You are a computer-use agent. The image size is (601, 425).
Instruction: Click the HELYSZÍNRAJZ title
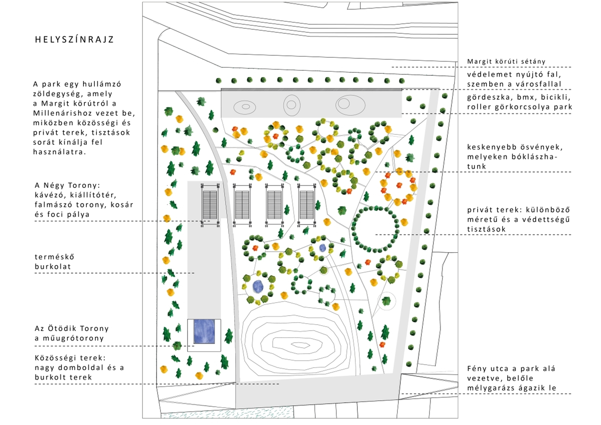pos(74,39)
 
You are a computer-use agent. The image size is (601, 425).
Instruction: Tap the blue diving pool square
pos(204,331)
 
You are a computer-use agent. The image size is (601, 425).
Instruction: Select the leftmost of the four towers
pos(210,205)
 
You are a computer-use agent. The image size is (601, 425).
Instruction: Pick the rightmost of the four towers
pos(307,205)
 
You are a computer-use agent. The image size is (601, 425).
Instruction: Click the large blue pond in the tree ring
pos(258,286)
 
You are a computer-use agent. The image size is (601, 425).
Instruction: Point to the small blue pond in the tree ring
pos(323,248)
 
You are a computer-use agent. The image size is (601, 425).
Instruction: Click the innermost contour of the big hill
pos(301,345)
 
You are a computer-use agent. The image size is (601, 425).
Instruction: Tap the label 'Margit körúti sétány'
pos(506,61)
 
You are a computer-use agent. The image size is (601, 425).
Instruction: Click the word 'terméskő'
pos(54,257)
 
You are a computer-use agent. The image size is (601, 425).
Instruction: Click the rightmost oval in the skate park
pos(350,105)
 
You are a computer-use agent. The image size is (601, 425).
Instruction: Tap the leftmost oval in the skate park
pos(245,107)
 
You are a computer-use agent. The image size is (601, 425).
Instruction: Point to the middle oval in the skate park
pos(292,105)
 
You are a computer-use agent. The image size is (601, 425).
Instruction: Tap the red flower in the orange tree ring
pos(399,185)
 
